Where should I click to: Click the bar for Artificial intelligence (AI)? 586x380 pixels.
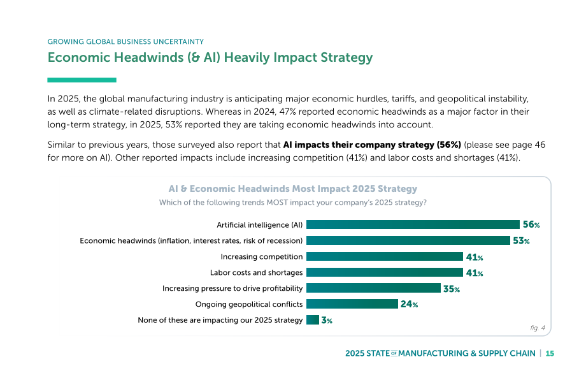[413, 224]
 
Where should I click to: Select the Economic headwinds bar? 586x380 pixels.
[408, 240]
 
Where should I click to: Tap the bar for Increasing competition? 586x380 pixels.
[385, 256]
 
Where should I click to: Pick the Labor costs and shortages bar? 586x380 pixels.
[385, 272]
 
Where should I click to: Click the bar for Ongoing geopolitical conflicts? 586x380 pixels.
[352, 304]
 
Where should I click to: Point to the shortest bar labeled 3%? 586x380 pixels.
[313, 320]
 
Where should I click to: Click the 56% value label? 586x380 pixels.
[531, 224]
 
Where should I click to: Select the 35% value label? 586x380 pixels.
[452, 289]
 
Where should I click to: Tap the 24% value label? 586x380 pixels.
[409, 305]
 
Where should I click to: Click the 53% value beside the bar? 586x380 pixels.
[521, 241]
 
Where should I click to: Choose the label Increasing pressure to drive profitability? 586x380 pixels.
[232, 288]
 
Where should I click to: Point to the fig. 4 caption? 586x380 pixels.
[538, 328]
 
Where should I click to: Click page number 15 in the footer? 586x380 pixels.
[550, 353]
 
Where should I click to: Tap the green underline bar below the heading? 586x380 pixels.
[82, 80]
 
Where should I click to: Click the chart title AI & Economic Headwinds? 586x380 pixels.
[292, 189]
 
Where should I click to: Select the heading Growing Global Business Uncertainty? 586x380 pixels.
[125, 41]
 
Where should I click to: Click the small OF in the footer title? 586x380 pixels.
[394, 353]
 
